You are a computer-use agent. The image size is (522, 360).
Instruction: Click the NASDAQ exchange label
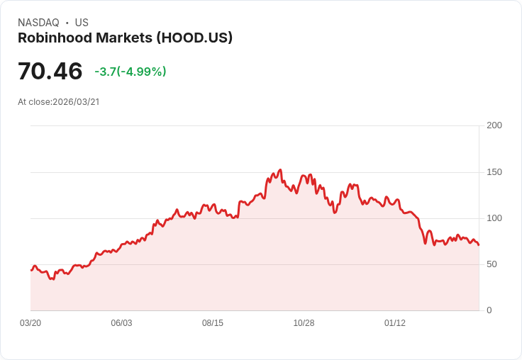[x=38, y=23]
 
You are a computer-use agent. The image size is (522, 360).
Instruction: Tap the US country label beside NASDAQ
[x=82, y=23]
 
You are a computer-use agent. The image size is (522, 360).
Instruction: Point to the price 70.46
[x=50, y=72]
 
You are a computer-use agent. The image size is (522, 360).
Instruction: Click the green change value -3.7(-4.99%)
[x=130, y=72]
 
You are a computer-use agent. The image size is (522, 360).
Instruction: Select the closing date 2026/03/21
[x=76, y=102]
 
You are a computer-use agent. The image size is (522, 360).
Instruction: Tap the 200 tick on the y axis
[x=494, y=125]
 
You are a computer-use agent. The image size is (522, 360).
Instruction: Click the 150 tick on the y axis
[x=494, y=172]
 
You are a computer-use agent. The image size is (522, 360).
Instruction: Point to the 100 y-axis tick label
[x=494, y=218]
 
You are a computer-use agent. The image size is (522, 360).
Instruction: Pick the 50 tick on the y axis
[x=492, y=264]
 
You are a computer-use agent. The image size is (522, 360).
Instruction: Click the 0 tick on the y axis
[x=489, y=310]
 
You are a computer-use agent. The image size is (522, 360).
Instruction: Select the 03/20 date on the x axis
[x=30, y=323]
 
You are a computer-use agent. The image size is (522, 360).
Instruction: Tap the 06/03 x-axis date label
[x=121, y=323]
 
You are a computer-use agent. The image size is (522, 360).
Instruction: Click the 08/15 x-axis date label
[x=213, y=323]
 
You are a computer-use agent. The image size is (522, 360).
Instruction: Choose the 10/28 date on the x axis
[x=304, y=323]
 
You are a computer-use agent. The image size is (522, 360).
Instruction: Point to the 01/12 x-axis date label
[x=395, y=323]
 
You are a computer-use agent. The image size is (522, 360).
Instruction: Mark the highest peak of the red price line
[x=281, y=170]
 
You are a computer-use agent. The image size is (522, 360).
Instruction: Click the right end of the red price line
[x=479, y=245]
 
